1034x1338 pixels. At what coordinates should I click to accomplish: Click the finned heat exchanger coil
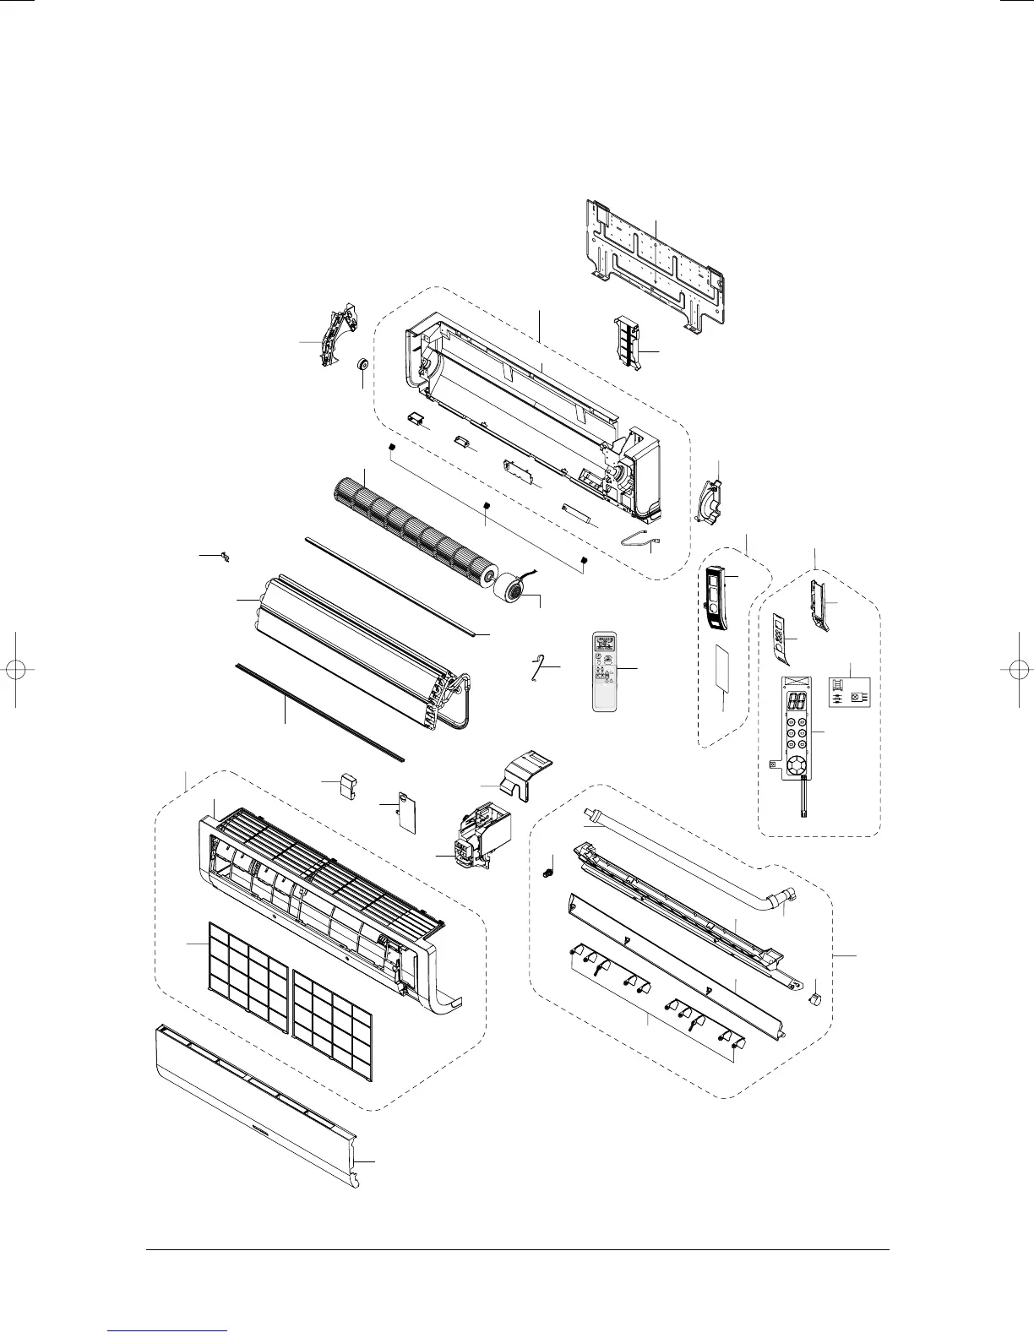point(355,642)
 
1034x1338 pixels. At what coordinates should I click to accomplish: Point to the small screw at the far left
point(224,555)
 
